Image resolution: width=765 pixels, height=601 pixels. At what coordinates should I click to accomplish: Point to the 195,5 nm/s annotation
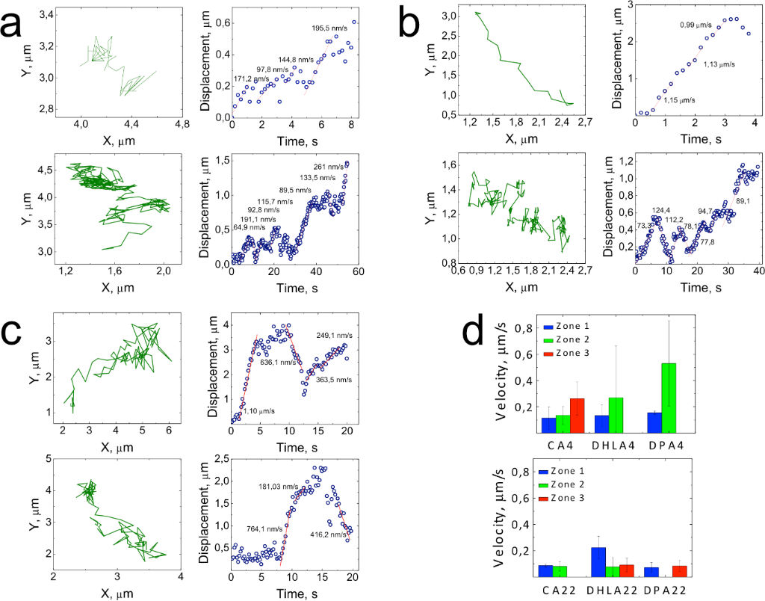click(329, 28)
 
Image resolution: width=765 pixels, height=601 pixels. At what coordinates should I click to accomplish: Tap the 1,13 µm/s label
click(719, 64)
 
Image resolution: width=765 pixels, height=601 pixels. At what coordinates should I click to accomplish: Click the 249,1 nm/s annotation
click(333, 336)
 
